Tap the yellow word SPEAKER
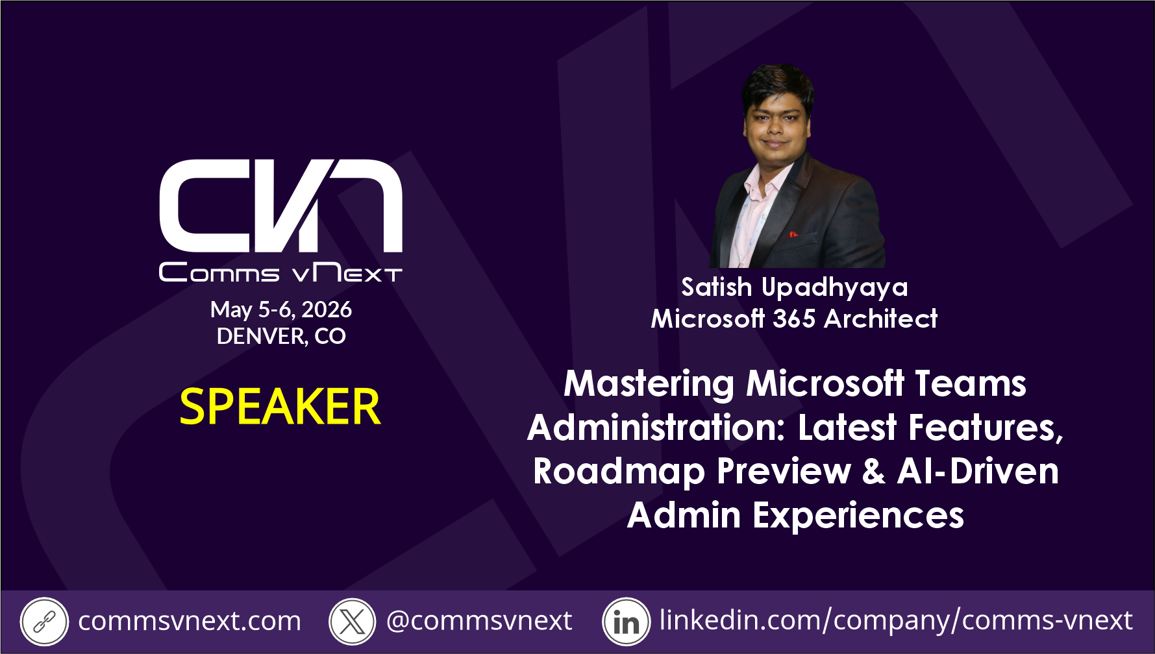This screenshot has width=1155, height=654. click(280, 407)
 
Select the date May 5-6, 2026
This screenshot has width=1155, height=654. click(281, 310)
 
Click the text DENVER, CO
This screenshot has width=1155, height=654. click(281, 336)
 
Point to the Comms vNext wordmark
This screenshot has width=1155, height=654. click(281, 272)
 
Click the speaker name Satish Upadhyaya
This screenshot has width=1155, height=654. click(795, 287)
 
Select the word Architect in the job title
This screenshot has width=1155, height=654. click(881, 319)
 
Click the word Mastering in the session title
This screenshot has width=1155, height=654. click(649, 384)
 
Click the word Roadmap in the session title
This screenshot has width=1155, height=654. click(619, 472)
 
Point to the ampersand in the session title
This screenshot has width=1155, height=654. click(874, 471)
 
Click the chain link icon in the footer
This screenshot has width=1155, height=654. click(43, 622)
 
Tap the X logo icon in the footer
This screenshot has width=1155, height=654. click(353, 622)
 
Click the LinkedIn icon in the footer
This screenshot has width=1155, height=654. click(626, 622)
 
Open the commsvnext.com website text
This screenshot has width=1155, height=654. click(190, 622)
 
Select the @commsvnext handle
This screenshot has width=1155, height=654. click(479, 621)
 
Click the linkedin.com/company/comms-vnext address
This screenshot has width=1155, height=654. click(896, 621)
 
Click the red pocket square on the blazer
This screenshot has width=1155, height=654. click(793, 234)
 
